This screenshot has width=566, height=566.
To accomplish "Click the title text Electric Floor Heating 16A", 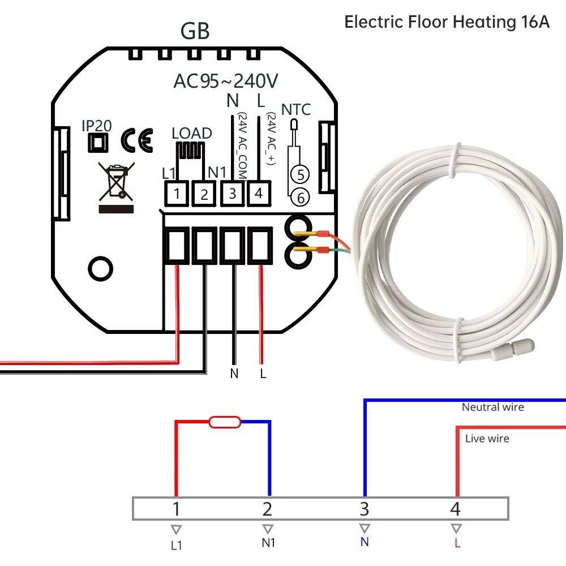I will click(x=447, y=23).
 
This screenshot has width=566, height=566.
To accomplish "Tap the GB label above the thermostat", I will click(x=195, y=32).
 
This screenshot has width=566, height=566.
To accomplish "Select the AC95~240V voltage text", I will click(x=226, y=82).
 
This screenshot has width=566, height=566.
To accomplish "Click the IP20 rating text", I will click(x=96, y=126).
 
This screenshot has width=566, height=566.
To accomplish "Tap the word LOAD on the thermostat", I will click(x=192, y=134).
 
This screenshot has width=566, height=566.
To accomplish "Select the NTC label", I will click(x=296, y=109).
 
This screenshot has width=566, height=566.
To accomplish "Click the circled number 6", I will click(x=301, y=198).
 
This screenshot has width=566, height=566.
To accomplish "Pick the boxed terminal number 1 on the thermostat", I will click(x=177, y=194).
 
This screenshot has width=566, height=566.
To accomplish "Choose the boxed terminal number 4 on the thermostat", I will click(x=259, y=194).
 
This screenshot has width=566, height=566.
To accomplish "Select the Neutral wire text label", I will click(x=492, y=407).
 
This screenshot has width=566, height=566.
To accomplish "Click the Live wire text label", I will click(x=487, y=438).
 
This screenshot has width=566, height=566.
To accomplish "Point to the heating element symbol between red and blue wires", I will click(x=225, y=422).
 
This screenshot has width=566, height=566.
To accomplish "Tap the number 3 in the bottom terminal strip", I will click(x=364, y=509).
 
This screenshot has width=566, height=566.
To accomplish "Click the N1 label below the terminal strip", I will click(x=268, y=543).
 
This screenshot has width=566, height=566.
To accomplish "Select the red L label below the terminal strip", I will click(x=456, y=543).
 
